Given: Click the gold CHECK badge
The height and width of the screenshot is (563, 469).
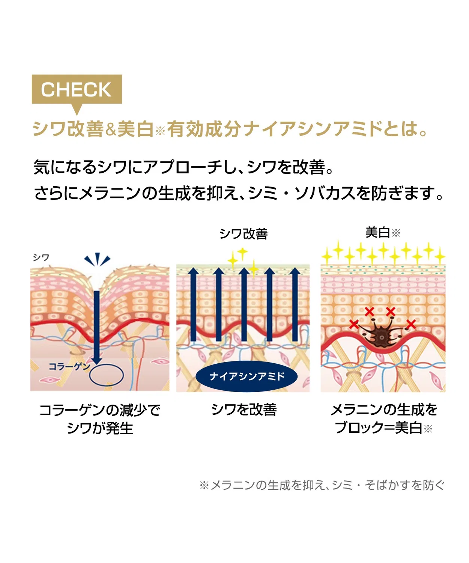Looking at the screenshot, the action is (77, 90).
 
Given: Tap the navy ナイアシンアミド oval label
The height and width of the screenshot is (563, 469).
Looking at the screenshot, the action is (247, 376).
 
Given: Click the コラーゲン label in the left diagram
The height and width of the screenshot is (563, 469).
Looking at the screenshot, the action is (69, 366).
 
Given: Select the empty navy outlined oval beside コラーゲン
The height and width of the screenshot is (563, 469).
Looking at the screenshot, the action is (107, 375).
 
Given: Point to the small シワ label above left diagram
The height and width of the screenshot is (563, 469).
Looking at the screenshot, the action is (41, 257).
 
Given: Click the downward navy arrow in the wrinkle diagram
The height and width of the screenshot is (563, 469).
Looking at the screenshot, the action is (96, 327).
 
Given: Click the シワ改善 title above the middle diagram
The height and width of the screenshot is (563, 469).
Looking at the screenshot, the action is (243, 233).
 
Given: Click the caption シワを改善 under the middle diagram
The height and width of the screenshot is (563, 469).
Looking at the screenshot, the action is (244, 409).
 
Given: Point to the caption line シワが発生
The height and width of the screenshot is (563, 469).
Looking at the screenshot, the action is (100, 428).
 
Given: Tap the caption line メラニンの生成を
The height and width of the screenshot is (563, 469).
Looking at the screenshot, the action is (384, 409).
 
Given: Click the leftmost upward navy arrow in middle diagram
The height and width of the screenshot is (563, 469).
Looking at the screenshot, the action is (193, 305).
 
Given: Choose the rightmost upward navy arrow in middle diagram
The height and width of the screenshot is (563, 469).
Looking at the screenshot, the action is (295, 305).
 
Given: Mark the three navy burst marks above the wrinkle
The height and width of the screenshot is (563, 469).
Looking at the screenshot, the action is (97, 259).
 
